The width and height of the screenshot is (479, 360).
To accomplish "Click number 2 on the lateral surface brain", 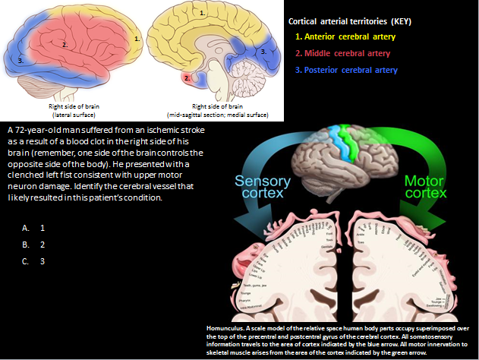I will pyautogui.click(x=65, y=45).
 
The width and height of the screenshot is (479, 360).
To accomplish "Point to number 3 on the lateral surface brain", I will pyautogui.click(x=20, y=59).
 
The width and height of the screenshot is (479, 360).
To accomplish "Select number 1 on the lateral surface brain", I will pyautogui.click(x=135, y=37).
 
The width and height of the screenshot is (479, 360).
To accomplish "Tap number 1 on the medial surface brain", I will pyautogui.click(x=201, y=14).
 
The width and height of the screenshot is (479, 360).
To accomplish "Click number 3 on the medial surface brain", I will pyautogui.click(x=262, y=52).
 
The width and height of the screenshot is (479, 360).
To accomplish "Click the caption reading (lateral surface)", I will pyautogui.click(x=70, y=115).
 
